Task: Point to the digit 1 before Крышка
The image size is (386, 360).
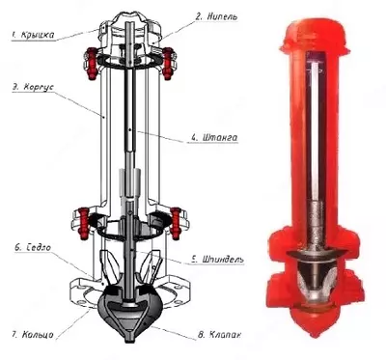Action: (12, 35)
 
